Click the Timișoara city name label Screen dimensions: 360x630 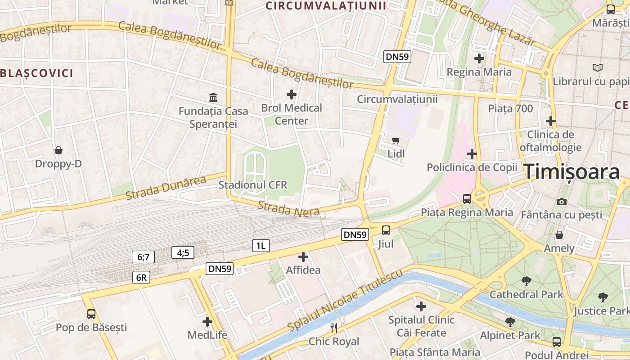(x=572, y=172)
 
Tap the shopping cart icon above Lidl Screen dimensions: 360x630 (x=396, y=140)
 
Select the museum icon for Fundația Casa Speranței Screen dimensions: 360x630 (x=213, y=97)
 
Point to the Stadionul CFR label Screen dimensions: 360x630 (x=253, y=185)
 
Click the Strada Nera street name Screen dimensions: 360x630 (x=288, y=208)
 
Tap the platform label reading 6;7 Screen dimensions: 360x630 (x=143, y=257)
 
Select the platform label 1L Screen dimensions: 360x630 (x=261, y=245)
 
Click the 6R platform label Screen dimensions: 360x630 (x=141, y=277)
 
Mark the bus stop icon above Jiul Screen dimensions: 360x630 (x=386, y=230)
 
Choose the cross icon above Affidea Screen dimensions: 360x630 (x=303, y=257)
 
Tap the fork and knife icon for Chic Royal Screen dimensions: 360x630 (x=334, y=328)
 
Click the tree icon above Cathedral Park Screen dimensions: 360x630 (x=526, y=281)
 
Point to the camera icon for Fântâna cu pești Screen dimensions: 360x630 (x=561, y=202)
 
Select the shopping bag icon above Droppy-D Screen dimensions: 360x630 (x=58, y=150)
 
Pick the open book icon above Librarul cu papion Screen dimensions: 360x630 (x=598, y=68)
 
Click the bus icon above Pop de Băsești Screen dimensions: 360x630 (x=91, y=314)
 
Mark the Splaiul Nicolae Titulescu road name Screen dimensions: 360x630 (x=344, y=302)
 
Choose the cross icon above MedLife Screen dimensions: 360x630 (x=207, y=322)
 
